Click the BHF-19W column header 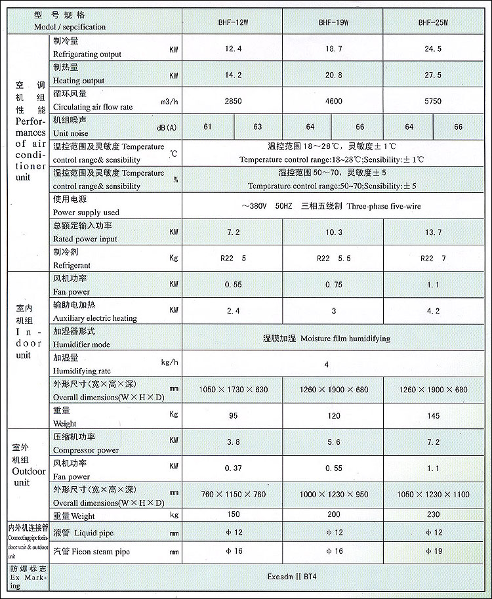pos(333,22)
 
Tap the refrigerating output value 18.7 pos(333,49)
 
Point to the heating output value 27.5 pos(433,75)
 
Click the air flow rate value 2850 pos(233,102)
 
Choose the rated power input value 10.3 pos(333,232)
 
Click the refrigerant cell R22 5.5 pos(333,258)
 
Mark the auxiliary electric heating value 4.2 pos(433,311)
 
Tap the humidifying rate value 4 pos(326,363)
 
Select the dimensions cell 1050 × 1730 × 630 pos(234,390)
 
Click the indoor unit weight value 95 pos(233,416)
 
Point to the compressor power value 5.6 pos(333,442)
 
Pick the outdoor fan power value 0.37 pos(233,468)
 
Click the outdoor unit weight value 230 pos(433,514)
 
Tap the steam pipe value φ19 pos(433,552)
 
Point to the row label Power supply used pos(86,213)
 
